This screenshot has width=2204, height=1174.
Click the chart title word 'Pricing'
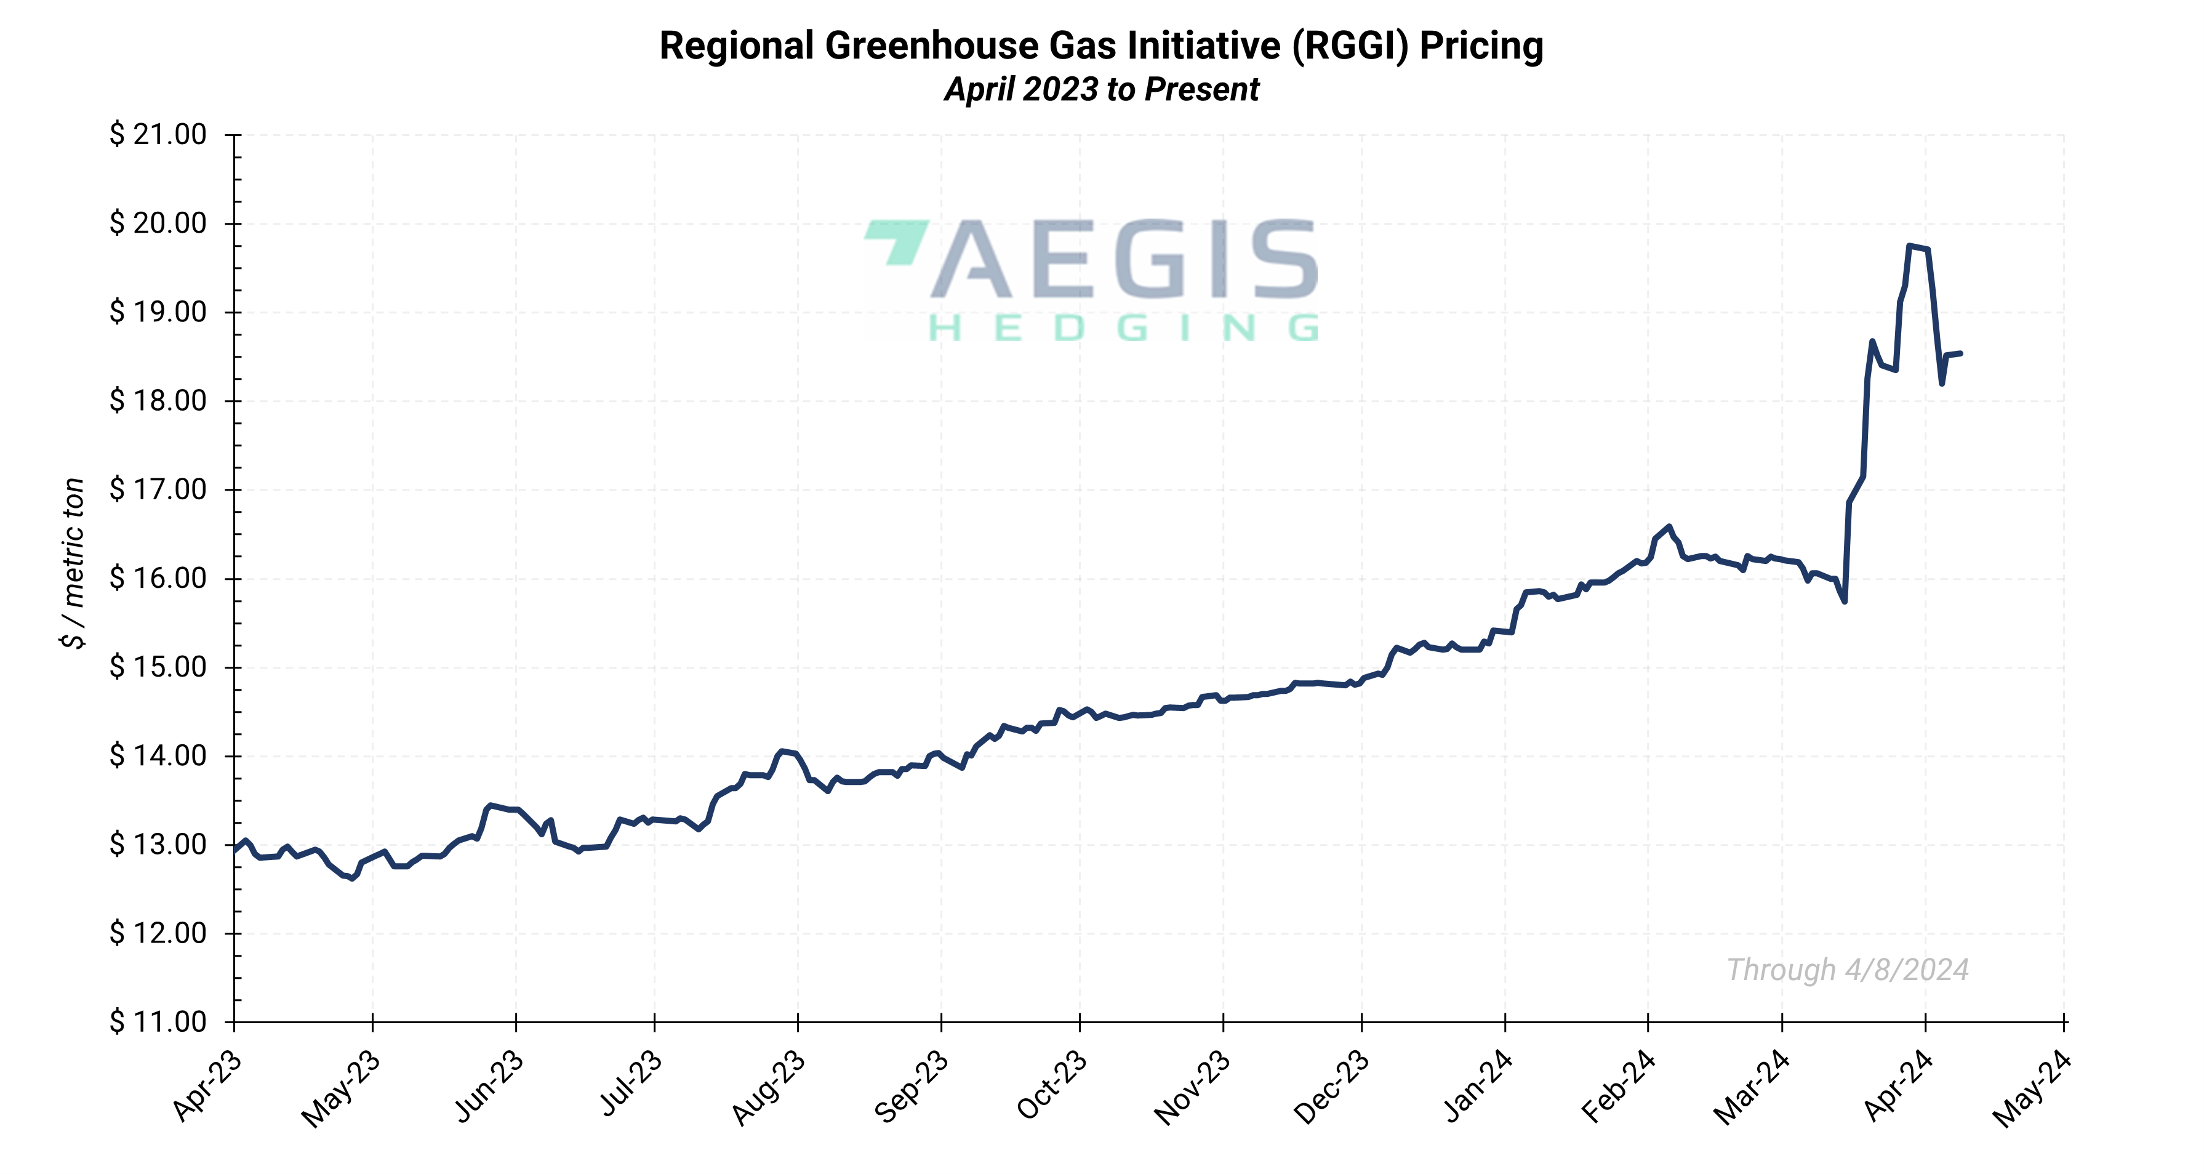(x=1481, y=46)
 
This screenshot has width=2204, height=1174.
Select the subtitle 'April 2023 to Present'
(x=1101, y=89)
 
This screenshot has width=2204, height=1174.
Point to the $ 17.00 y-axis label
(x=158, y=489)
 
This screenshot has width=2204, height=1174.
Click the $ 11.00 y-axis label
(x=158, y=1022)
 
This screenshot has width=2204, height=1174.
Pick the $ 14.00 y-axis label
(x=158, y=755)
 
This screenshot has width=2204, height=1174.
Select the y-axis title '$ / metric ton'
(x=74, y=563)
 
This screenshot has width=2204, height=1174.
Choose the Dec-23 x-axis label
(x=1331, y=1087)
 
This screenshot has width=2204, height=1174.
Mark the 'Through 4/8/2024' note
(x=1847, y=970)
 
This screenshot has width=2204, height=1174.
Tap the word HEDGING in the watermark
(x=1123, y=328)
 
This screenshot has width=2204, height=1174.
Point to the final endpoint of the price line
(x=1960, y=353)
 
